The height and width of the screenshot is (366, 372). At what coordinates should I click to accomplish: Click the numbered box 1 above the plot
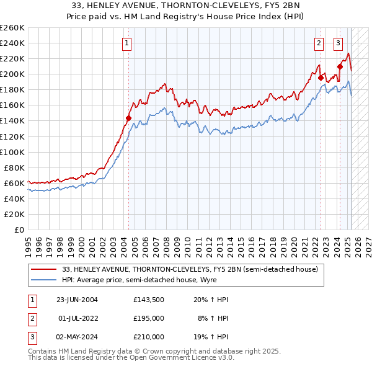point(126,43)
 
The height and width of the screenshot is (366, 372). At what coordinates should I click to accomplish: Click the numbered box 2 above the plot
point(319,43)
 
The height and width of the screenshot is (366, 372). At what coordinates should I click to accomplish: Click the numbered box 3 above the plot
point(339,43)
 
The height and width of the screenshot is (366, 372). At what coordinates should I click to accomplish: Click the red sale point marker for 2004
point(129,118)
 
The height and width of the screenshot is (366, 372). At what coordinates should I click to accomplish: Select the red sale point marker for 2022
point(321,78)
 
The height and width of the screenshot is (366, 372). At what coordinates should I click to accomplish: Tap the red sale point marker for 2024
point(340,66)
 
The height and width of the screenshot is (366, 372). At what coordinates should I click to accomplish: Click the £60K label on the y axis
point(14,183)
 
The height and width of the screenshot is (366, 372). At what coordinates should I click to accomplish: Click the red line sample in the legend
point(45,269)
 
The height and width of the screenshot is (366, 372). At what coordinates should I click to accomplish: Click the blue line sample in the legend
point(45,280)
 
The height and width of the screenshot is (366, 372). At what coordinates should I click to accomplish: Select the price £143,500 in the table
point(148,300)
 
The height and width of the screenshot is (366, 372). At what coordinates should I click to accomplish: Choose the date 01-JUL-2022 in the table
point(77,318)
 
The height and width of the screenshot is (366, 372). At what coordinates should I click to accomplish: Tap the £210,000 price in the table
point(148,337)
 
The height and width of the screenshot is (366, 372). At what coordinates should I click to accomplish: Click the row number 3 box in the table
point(31,337)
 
